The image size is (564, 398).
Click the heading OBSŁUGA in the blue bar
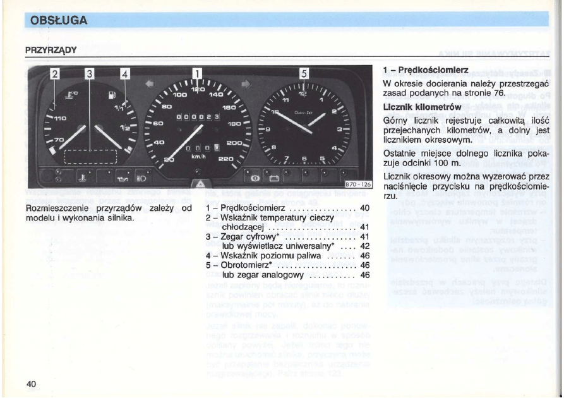click(54, 20)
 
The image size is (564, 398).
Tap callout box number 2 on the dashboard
click(55, 75)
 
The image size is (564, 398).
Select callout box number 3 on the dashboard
click(90, 75)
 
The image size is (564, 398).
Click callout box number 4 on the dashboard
click(124, 75)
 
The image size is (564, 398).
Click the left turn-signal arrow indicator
click(149, 82)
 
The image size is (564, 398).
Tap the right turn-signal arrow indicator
click(246, 83)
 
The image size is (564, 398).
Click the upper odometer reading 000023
click(198, 117)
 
